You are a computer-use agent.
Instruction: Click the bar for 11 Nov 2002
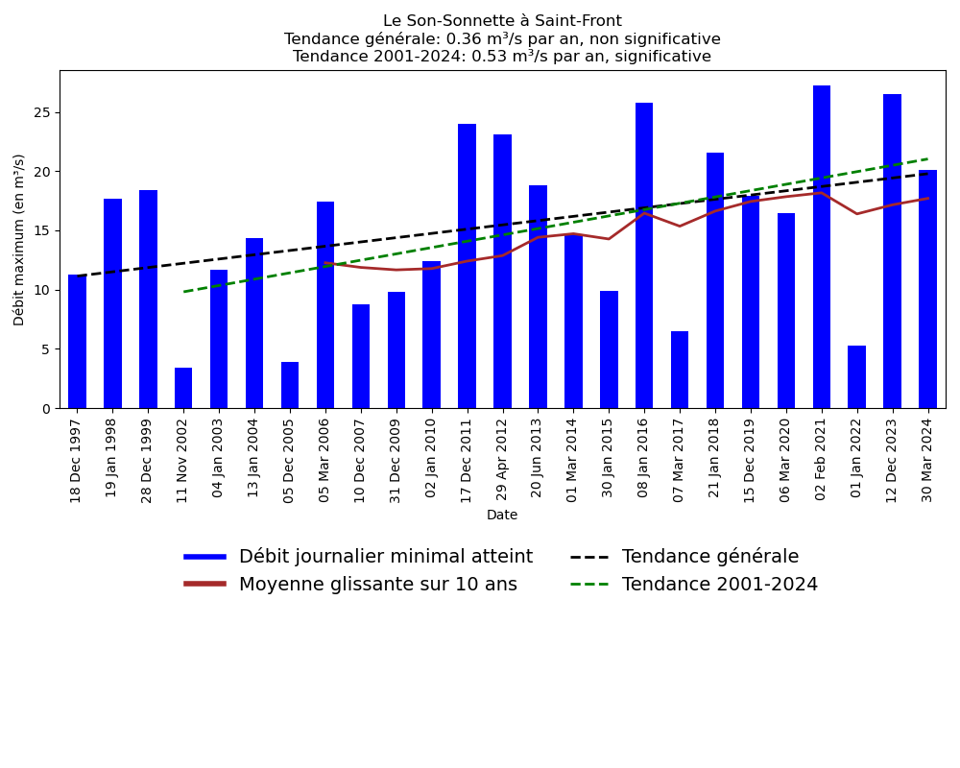[183, 388]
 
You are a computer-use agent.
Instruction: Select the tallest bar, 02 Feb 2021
[822, 247]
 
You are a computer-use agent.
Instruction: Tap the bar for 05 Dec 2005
[290, 385]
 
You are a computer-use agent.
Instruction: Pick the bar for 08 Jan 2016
[644, 255]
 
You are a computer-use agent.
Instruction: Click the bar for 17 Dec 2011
[467, 266]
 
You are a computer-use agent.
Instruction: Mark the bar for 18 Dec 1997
[77, 341]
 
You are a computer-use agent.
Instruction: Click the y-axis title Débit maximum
[19, 239]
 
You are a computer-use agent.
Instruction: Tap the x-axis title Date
[502, 516]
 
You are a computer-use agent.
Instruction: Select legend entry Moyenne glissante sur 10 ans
[377, 585]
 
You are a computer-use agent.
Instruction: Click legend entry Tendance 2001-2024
[719, 585]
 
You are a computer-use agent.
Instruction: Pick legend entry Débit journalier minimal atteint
[385, 557]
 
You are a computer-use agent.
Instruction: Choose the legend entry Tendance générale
[709, 557]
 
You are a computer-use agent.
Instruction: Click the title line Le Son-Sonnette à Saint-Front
[502, 21]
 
